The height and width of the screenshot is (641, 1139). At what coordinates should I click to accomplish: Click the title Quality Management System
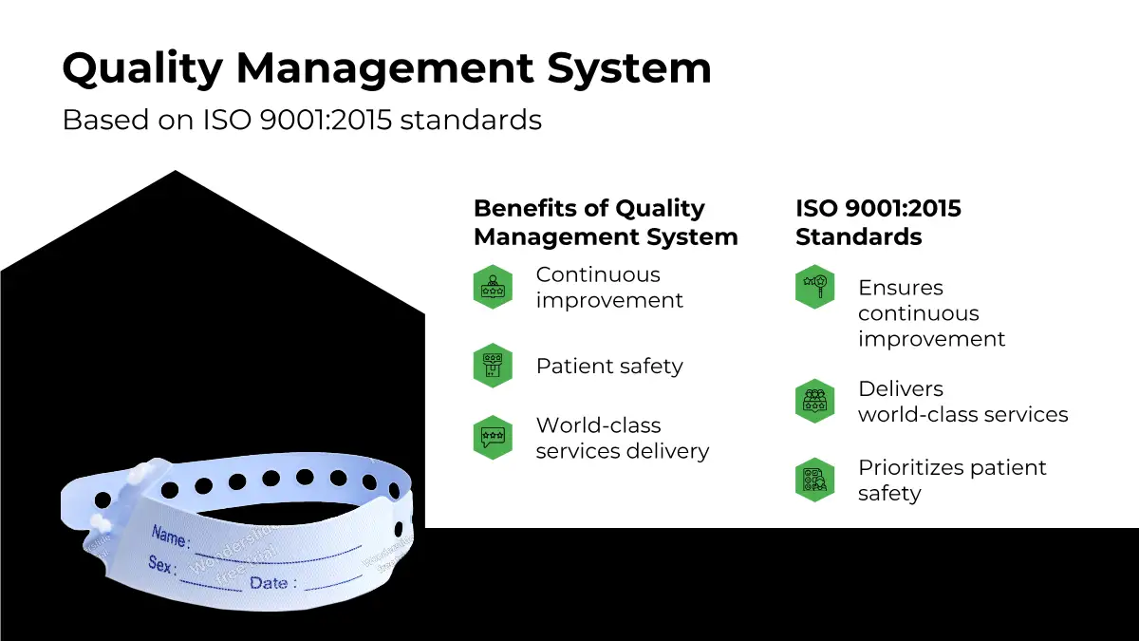click(386, 68)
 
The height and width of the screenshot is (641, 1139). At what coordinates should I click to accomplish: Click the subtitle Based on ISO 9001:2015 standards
click(302, 121)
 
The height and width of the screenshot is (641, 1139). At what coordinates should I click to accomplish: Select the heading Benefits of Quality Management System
click(605, 222)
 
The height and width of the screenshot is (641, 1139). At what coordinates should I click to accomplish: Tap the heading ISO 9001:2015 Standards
click(878, 222)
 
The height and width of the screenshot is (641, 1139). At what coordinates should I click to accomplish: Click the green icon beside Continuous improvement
click(493, 287)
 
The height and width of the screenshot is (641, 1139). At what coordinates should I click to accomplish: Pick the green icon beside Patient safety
click(493, 366)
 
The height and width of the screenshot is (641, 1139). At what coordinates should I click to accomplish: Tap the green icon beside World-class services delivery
click(493, 438)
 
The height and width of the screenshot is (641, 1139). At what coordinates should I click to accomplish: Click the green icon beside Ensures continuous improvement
click(814, 287)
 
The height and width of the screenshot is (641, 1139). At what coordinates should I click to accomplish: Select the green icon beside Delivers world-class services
click(814, 401)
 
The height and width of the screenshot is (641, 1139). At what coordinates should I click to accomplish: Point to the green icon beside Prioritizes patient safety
click(814, 480)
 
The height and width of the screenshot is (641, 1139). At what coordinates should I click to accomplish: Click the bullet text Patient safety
click(609, 366)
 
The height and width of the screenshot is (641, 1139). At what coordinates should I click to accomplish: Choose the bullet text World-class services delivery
click(622, 438)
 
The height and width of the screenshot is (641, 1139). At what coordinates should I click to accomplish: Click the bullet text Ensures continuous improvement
click(930, 313)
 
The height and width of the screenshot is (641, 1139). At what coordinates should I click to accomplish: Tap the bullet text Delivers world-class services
click(962, 402)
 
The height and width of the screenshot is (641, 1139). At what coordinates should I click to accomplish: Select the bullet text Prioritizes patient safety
click(951, 480)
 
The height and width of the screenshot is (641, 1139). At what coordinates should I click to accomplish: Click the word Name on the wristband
click(170, 537)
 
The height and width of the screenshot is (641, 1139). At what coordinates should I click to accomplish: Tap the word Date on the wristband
click(270, 582)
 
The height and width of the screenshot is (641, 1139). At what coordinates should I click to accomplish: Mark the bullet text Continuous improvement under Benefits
click(608, 287)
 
